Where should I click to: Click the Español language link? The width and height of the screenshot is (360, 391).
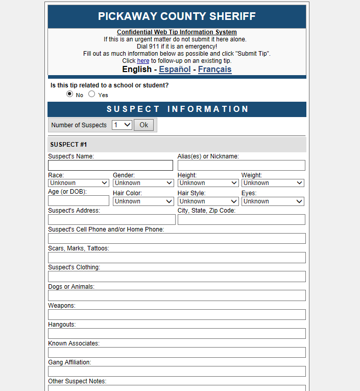(x=175, y=70)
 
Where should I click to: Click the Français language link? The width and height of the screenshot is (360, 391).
(x=214, y=70)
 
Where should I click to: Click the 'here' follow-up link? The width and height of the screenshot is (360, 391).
(x=143, y=61)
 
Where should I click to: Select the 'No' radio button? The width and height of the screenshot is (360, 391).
(x=69, y=94)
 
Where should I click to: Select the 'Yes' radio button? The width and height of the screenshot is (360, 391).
(x=92, y=94)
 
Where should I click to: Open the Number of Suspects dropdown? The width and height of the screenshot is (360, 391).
(x=122, y=125)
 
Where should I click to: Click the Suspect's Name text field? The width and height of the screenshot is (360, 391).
(x=110, y=165)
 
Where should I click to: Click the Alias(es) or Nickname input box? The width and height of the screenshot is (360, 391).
(x=241, y=165)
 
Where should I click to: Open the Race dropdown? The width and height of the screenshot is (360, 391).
(x=79, y=183)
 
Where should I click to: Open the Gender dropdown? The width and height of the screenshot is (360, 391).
(x=143, y=183)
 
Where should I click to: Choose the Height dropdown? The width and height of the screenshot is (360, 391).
(x=208, y=183)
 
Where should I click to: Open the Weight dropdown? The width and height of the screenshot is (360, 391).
(x=273, y=183)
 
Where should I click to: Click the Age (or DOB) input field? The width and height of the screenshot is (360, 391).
(x=79, y=201)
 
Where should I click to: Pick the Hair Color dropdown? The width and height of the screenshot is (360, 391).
(x=143, y=201)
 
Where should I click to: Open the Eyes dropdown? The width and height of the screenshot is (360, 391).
(x=273, y=201)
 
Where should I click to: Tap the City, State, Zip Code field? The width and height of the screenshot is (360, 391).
(x=241, y=220)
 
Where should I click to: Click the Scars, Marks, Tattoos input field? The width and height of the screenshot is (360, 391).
(x=177, y=258)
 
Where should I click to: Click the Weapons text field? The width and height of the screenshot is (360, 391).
(x=177, y=314)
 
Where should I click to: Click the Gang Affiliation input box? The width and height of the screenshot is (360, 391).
(x=177, y=371)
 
